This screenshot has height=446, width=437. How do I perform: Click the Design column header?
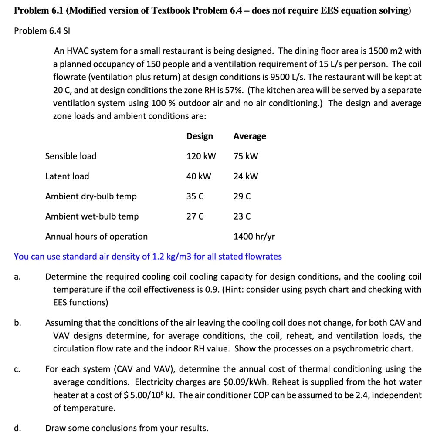[x=200, y=136]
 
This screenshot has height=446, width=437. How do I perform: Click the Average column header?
[x=249, y=136]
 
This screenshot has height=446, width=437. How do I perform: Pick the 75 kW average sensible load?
[x=246, y=156]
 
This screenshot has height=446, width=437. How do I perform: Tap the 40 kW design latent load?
[x=199, y=176]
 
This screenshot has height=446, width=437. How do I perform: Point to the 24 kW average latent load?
[x=246, y=176]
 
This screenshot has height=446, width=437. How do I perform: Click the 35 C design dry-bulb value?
[x=195, y=196]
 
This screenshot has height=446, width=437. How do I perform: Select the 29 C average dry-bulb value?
[x=242, y=196]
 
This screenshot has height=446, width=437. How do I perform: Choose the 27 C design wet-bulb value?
[x=195, y=216]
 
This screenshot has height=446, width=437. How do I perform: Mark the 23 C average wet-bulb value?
[x=242, y=216]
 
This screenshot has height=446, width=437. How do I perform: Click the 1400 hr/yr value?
[x=254, y=237]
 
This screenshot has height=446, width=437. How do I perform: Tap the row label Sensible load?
[x=71, y=156]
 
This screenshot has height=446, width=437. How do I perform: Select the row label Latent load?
[x=67, y=176]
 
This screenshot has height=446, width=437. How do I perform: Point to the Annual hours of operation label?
[x=96, y=237]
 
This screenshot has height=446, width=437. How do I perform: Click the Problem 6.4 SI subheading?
[x=41, y=31]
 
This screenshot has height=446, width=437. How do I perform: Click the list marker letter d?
[x=17, y=429]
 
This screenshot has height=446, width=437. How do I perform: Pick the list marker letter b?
[x=17, y=323]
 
